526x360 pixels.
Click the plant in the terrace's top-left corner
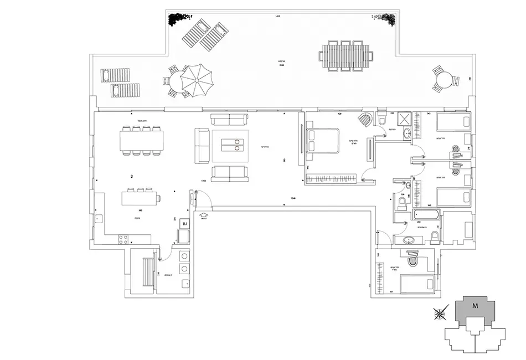(x=178, y=19)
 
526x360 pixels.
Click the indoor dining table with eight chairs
(x=143, y=141)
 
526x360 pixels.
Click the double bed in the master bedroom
(x=322, y=140)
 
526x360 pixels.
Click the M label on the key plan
(x=475, y=305)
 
